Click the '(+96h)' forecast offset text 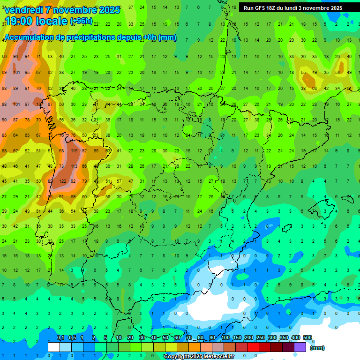[81, 22]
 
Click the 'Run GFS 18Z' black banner [293, 8]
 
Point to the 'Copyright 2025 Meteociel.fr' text [199, 357]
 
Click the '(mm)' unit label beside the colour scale [317, 348]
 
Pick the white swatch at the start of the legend [54, 347]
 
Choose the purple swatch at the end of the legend [300, 347]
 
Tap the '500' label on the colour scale [307, 338]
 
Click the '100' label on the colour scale [225, 338]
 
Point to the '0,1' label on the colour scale [60, 338]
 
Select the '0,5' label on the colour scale [72, 338]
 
